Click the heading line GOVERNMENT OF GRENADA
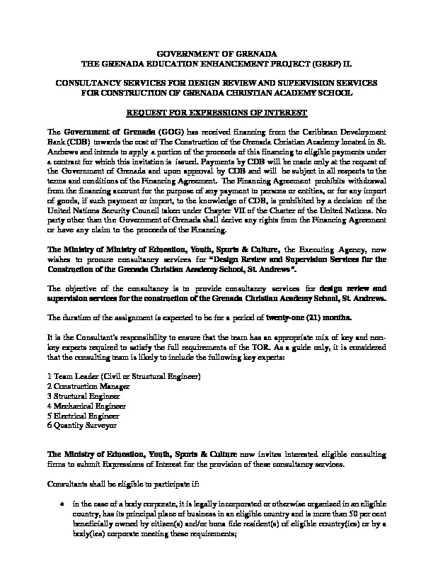(x=216, y=54)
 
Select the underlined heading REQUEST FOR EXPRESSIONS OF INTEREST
(x=216, y=113)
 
